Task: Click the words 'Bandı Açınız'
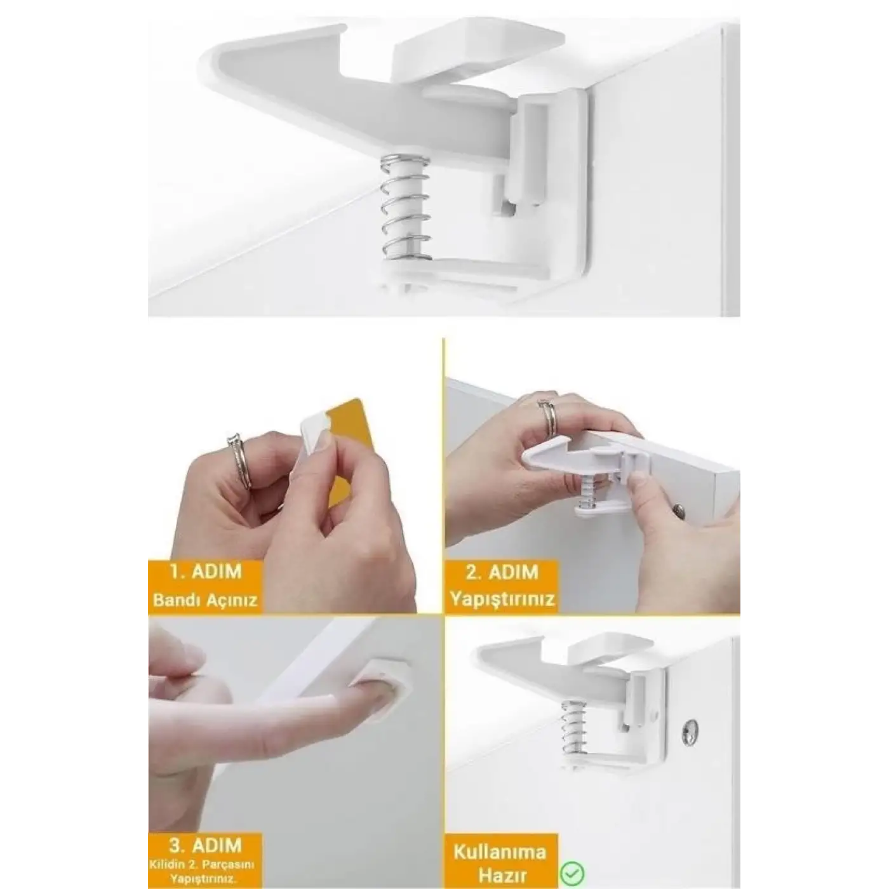pos(205,599)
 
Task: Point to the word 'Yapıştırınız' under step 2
pos(502,598)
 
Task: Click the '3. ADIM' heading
pos(205,845)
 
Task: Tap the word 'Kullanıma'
pos(500,851)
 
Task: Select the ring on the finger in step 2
pos(548,417)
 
